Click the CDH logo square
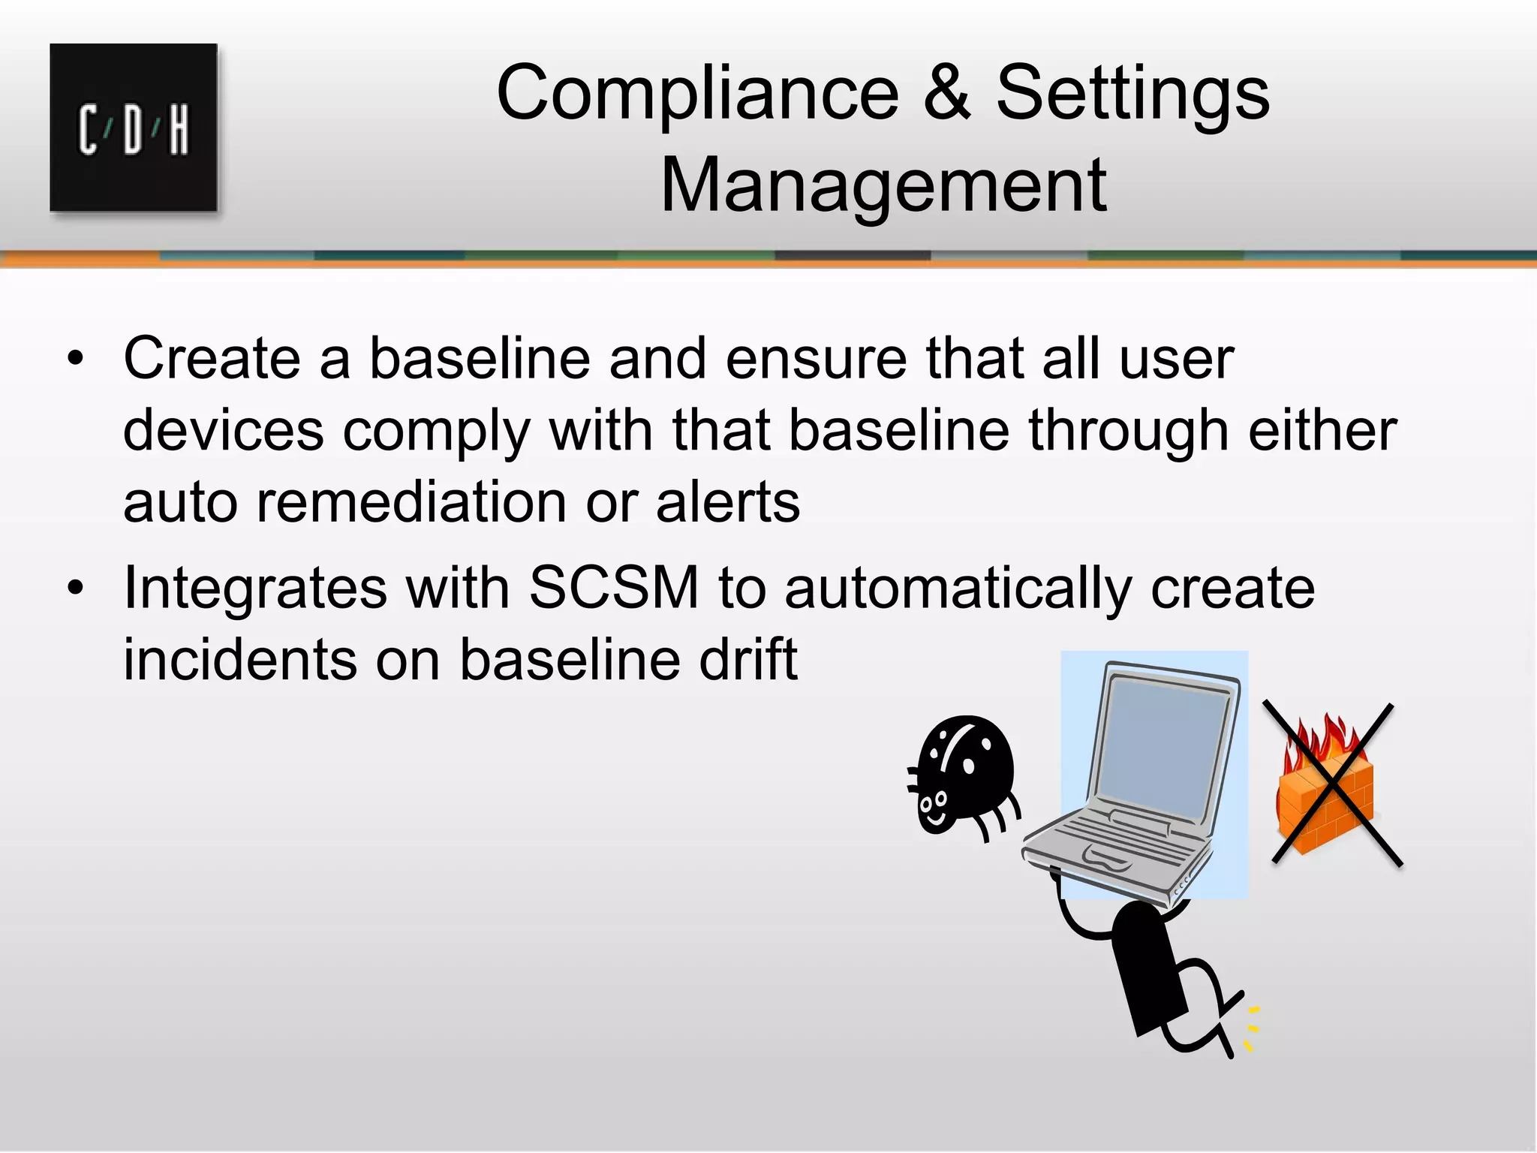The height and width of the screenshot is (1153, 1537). click(x=134, y=128)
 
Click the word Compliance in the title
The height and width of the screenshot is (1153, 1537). click(x=697, y=93)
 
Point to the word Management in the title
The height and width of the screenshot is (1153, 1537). click(x=883, y=185)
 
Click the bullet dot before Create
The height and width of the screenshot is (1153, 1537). click(x=75, y=359)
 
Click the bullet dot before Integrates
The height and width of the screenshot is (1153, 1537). click(x=75, y=589)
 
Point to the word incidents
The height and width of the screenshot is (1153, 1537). click(x=240, y=659)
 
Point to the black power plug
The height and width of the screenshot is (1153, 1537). click(x=1148, y=968)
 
